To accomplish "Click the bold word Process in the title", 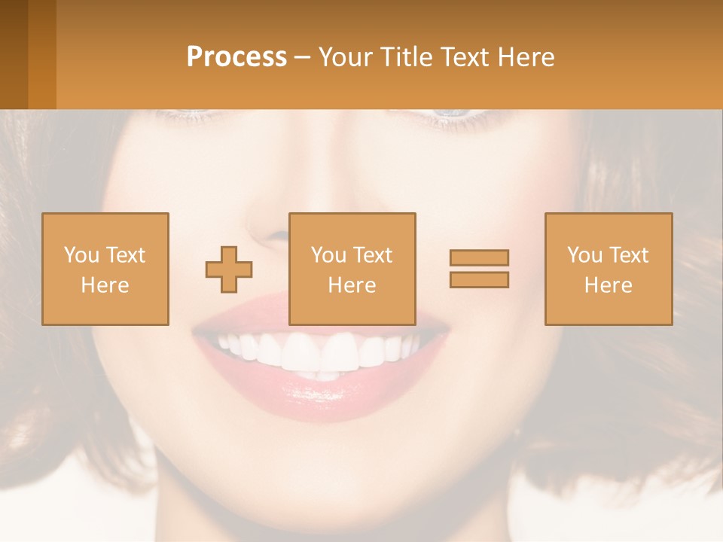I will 236,57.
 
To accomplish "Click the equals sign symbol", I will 479,269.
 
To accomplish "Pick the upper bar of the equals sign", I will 479,257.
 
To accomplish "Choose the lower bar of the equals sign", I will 479,280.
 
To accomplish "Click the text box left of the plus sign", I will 105,269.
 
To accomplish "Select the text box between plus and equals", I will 352,269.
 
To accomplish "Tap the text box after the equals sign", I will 609,269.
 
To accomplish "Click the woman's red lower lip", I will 324,395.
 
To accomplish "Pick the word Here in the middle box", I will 352,285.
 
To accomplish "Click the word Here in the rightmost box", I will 609,285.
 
